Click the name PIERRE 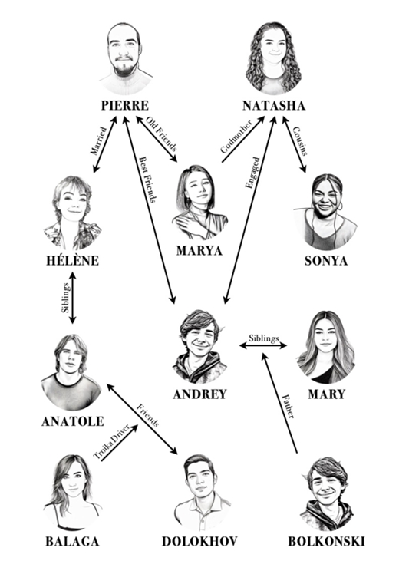tap(125, 105)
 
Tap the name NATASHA tap(274, 105)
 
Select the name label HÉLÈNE tap(72, 260)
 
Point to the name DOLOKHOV tap(199, 541)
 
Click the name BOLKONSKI tap(326, 541)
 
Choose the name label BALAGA tap(72, 541)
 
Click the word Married tap(98, 141)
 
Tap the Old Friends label tap(161, 134)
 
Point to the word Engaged tap(252, 173)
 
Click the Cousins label tap(300, 141)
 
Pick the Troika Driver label tap(111, 442)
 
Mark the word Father tap(288, 406)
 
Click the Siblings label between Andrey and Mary tap(264, 338)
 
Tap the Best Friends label tap(148, 180)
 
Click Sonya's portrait tap(325, 213)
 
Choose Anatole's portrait tap(71, 372)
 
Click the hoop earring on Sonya tap(340, 206)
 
